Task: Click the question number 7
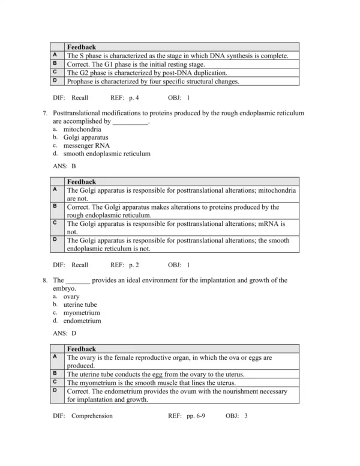(x=46, y=113)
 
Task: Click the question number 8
(x=46, y=280)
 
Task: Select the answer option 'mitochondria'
(x=82, y=129)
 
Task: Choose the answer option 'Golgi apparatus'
(x=86, y=138)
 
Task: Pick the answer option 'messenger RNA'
(x=86, y=145)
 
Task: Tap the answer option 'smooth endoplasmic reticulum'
(x=107, y=154)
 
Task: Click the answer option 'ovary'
(x=71, y=297)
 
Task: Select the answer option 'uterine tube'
(x=80, y=304)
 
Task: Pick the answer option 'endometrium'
(x=82, y=321)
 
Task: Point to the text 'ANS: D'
(x=64, y=333)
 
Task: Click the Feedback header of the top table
(x=81, y=47)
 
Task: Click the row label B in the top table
(x=55, y=64)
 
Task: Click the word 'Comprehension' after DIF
(x=92, y=416)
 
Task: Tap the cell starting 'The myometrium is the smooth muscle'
(x=151, y=383)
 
